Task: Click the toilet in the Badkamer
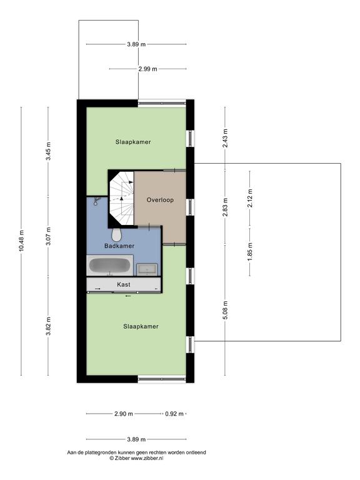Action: (117, 234)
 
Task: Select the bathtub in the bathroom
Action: (110, 266)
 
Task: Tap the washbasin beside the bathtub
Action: (147, 269)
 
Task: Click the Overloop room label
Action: (160, 200)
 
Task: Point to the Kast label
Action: (124, 284)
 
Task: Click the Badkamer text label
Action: (119, 246)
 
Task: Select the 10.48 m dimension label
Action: (21, 241)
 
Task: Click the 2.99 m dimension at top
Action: (147, 69)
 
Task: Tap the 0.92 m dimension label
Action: (174, 414)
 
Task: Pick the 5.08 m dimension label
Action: (226, 310)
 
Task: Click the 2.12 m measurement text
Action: (250, 198)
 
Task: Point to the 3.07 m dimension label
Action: (48, 236)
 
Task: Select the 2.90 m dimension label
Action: (124, 414)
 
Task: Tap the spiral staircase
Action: (122, 198)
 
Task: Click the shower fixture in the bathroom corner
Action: (97, 201)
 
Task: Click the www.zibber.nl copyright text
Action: (136, 458)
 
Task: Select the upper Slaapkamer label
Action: (133, 142)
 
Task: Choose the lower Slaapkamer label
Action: (141, 327)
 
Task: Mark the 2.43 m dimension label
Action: (226, 137)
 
